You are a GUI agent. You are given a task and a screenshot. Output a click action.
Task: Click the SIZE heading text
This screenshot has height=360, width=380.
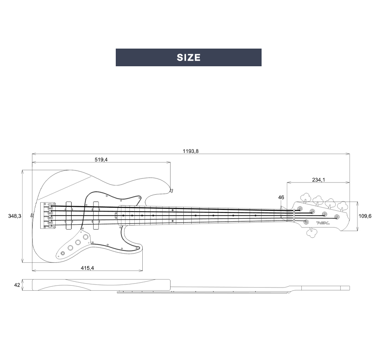(x=189, y=57)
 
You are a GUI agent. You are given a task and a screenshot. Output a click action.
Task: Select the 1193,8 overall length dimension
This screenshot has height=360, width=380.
(x=191, y=151)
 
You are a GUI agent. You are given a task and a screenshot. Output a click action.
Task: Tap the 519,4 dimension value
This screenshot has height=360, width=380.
(x=101, y=159)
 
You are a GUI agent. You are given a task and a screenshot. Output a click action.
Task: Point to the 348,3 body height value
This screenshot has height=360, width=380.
(x=15, y=216)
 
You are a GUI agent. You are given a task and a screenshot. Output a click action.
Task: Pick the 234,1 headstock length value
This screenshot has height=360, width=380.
(x=318, y=180)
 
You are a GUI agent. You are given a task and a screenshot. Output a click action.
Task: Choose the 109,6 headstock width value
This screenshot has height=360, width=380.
(x=365, y=216)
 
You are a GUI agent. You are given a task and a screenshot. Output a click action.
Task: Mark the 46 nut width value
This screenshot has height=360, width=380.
(x=281, y=197)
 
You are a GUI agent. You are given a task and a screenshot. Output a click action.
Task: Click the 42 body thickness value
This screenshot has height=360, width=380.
(x=17, y=285)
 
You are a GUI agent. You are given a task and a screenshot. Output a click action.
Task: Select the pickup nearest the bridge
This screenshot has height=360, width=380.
(x=68, y=215)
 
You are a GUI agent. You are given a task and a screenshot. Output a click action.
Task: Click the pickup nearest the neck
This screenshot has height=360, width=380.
(x=95, y=215)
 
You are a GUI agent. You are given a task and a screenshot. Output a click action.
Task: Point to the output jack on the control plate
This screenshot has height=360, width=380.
(x=63, y=253)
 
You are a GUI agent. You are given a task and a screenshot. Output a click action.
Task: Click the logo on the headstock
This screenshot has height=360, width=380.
(x=323, y=223)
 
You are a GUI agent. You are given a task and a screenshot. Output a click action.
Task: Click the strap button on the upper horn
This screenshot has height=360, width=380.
(x=171, y=189)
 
